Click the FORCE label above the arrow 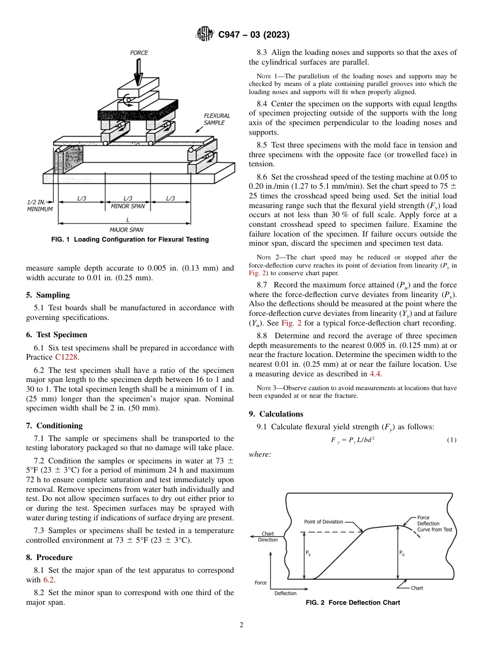click(139, 53)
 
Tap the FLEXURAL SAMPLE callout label click(217, 120)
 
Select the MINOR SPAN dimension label click(128, 207)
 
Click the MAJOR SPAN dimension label click(127, 230)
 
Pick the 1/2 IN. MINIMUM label click(39, 205)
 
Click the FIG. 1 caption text click(130, 240)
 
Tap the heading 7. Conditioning click(54, 425)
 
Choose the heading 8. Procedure click(49, 557)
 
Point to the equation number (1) click(451, 440)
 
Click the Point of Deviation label click(323, 522)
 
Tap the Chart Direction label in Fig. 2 click(268, 537)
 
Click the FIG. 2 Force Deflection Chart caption click(352, 603)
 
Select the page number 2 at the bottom click(242, 625)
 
